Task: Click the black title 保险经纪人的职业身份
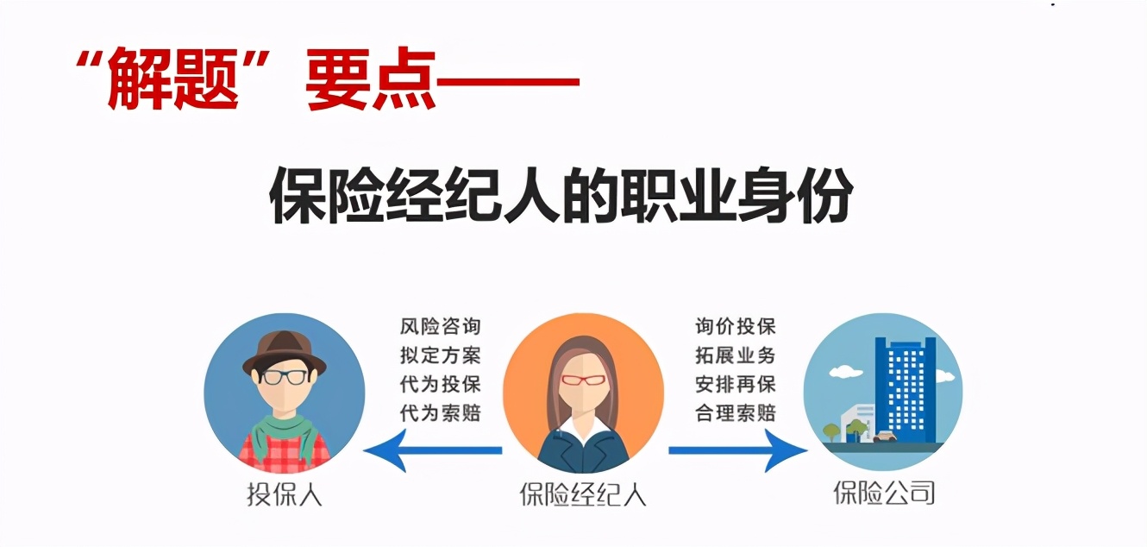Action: click(561, 197)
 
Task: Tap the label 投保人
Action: click(284, 495)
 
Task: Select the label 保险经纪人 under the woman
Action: click(582, 495)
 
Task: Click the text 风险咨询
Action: click(440, 327)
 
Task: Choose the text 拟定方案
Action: click(440, 355)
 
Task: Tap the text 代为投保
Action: click(440, 384)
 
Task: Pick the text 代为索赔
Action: click(440, 412)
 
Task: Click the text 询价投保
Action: click(736, 327)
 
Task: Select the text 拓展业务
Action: click(736, 355)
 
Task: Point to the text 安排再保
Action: click(736, 384)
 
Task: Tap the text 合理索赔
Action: click(736, 412)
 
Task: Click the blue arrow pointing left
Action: click(431, 450)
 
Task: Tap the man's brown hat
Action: click(284, 349)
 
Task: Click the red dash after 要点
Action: click(508, 84)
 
